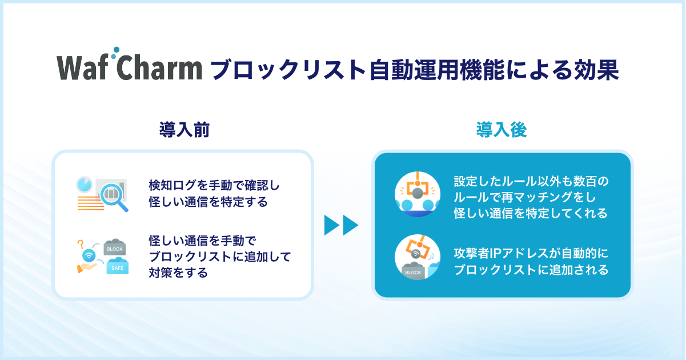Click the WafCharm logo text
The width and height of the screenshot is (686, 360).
[x=130, y=67]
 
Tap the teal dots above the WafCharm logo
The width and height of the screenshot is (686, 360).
[x=115, y=53]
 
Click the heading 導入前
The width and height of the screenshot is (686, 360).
[x=184, y=130]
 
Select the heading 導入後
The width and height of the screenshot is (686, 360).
[x=502, y=130]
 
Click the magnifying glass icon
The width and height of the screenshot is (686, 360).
[x=114, y=197]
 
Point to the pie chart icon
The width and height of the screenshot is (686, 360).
[x=84, y=185]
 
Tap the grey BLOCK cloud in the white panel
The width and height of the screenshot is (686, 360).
[x=115, y=247]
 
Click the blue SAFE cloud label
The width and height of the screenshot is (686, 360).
[x=117, y=266]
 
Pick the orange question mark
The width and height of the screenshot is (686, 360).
[x=81, y=244]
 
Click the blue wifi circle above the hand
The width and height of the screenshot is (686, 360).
[x=89, y=255]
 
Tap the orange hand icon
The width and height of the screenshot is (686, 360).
[x=86, y=267]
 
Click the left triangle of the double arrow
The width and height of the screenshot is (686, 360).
[x=332, y=225]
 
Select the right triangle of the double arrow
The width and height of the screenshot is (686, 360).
[x=351, y=225]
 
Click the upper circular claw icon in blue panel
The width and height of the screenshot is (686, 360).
[x=418, y=194]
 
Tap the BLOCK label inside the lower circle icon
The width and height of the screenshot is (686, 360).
[x=413, y=273]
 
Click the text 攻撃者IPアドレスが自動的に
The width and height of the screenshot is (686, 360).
[x=531, y=253]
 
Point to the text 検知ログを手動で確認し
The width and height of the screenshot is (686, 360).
[x=214, y=185]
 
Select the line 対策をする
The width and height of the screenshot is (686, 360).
[x=178, y=273]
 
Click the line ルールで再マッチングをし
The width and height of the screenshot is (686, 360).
[x=524, y=197]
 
